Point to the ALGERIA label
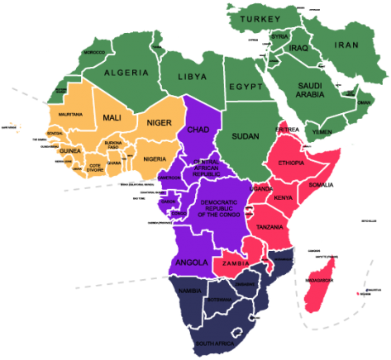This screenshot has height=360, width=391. click(x=126, y=73)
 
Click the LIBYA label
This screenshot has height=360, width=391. click(x=191, y=77)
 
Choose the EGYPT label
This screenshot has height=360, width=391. click(x=246, y=87)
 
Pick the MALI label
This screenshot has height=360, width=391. click(x=112, y=117)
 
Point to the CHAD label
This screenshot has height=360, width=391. click(x=198, y=130)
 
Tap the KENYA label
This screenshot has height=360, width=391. click(x=284, y=197)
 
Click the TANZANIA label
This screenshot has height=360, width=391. click(x=270, y=227)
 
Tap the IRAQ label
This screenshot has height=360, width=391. click(x=298, y=49)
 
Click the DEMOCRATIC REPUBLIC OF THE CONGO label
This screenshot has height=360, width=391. click(x=218, y=208)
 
